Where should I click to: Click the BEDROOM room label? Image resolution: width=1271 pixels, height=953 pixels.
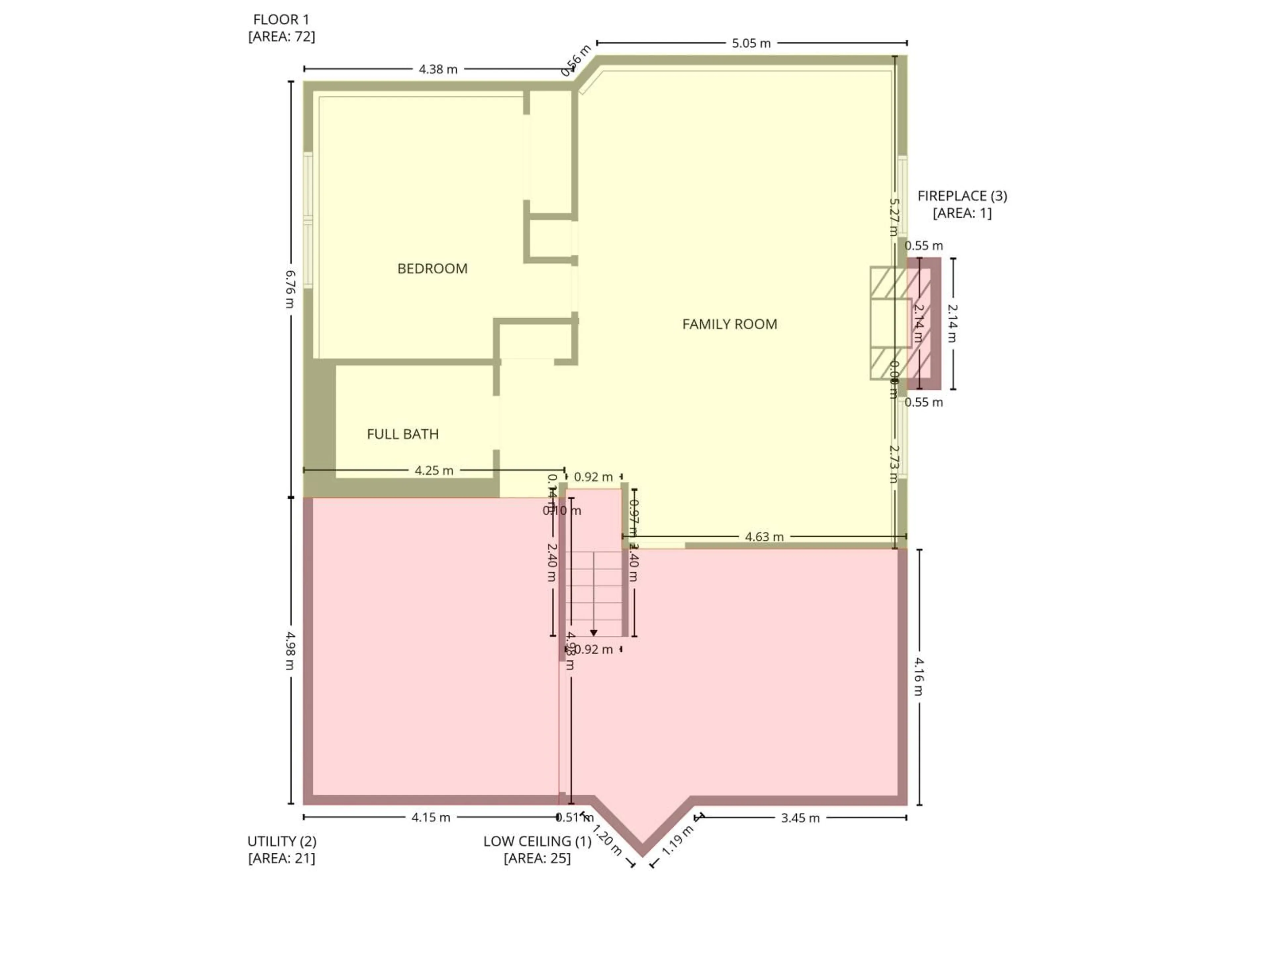(x=432, y=268)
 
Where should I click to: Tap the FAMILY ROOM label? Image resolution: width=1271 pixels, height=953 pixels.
(x=729, y=324)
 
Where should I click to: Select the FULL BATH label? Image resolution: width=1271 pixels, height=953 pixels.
(x=402, y=434)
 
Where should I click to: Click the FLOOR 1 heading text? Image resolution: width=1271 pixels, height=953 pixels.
(x=281, y=20)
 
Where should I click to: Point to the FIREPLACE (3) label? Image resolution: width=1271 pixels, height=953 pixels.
(x=962, y=196)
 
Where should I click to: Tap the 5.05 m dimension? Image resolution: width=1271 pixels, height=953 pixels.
(x=751, y=43)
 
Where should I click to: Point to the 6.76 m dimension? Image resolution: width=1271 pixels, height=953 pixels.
(x=291, y=289)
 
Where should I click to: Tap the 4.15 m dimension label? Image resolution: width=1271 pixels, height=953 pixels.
(x=431, y=817)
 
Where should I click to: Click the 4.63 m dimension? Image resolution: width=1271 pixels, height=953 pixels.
(x=764, y=536)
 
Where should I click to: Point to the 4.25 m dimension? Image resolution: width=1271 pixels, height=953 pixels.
(x=434, y=471)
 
